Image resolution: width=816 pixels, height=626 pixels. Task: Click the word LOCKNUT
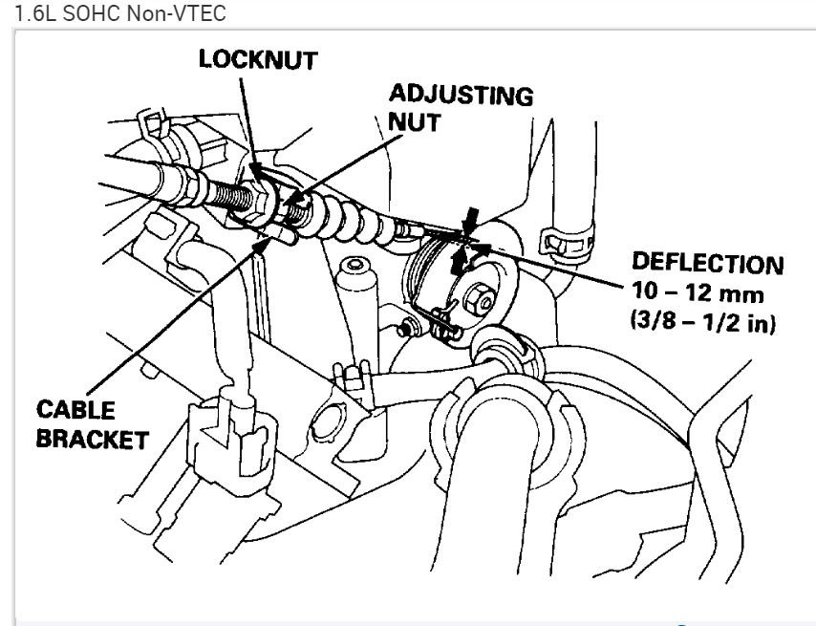pyautogui.click(x=257, y=59)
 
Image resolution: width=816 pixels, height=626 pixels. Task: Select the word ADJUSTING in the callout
pyautogui.click(x=460, y=96)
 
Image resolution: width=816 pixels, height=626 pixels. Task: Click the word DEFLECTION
pyautogui.click(x=707, y=264)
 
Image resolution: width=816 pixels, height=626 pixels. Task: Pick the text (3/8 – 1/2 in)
pyautogui.click(x=703, y=323)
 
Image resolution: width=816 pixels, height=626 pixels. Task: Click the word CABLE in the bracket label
pyautogui.click(x=75, y=410)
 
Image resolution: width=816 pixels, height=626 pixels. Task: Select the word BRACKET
pyautogui.click(x=93, y=441)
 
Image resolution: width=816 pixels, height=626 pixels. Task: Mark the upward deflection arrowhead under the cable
pyautogui.click(x=460, y=255)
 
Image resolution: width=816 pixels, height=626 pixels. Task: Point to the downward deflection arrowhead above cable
pyautogui.click(x=469, y=219)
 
